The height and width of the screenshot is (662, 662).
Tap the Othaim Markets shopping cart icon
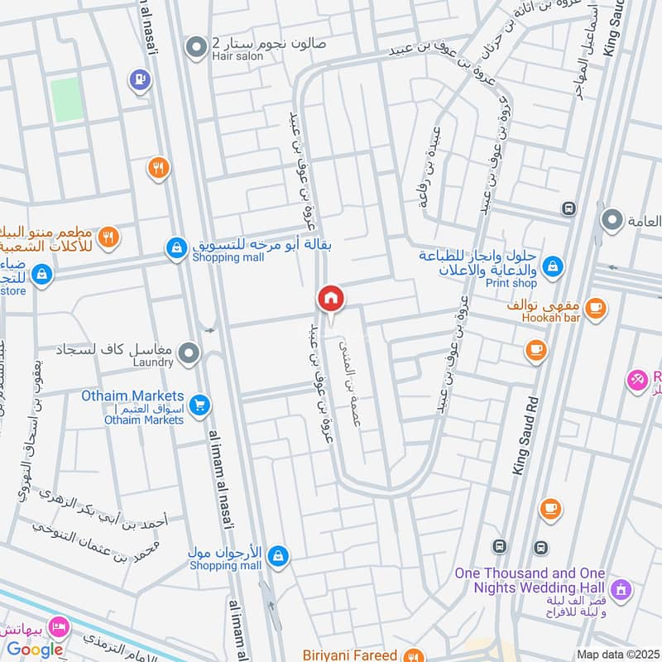click(199, 405)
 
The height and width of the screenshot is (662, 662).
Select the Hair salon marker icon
click(196, 49)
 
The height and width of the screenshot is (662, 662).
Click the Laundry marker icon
click(189, 354)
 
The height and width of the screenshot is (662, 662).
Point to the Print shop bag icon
click(554, 266)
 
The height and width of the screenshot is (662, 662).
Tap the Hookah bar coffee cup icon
click(595, 309)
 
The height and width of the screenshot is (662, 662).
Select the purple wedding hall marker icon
click(623, 591)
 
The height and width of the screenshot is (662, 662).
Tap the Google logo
click(36, 650)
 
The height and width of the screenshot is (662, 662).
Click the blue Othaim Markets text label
click(132, 396)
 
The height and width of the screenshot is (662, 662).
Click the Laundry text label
click(151, 362)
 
